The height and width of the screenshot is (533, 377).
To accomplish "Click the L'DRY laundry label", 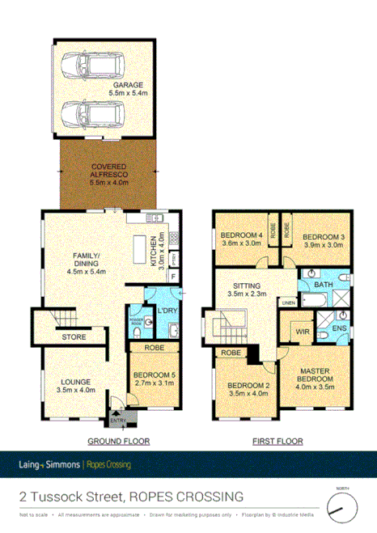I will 167,310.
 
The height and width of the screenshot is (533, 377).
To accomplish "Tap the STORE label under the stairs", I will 75,336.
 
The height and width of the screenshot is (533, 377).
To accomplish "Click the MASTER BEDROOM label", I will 315,377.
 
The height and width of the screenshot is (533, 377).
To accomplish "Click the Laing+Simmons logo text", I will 49,464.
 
